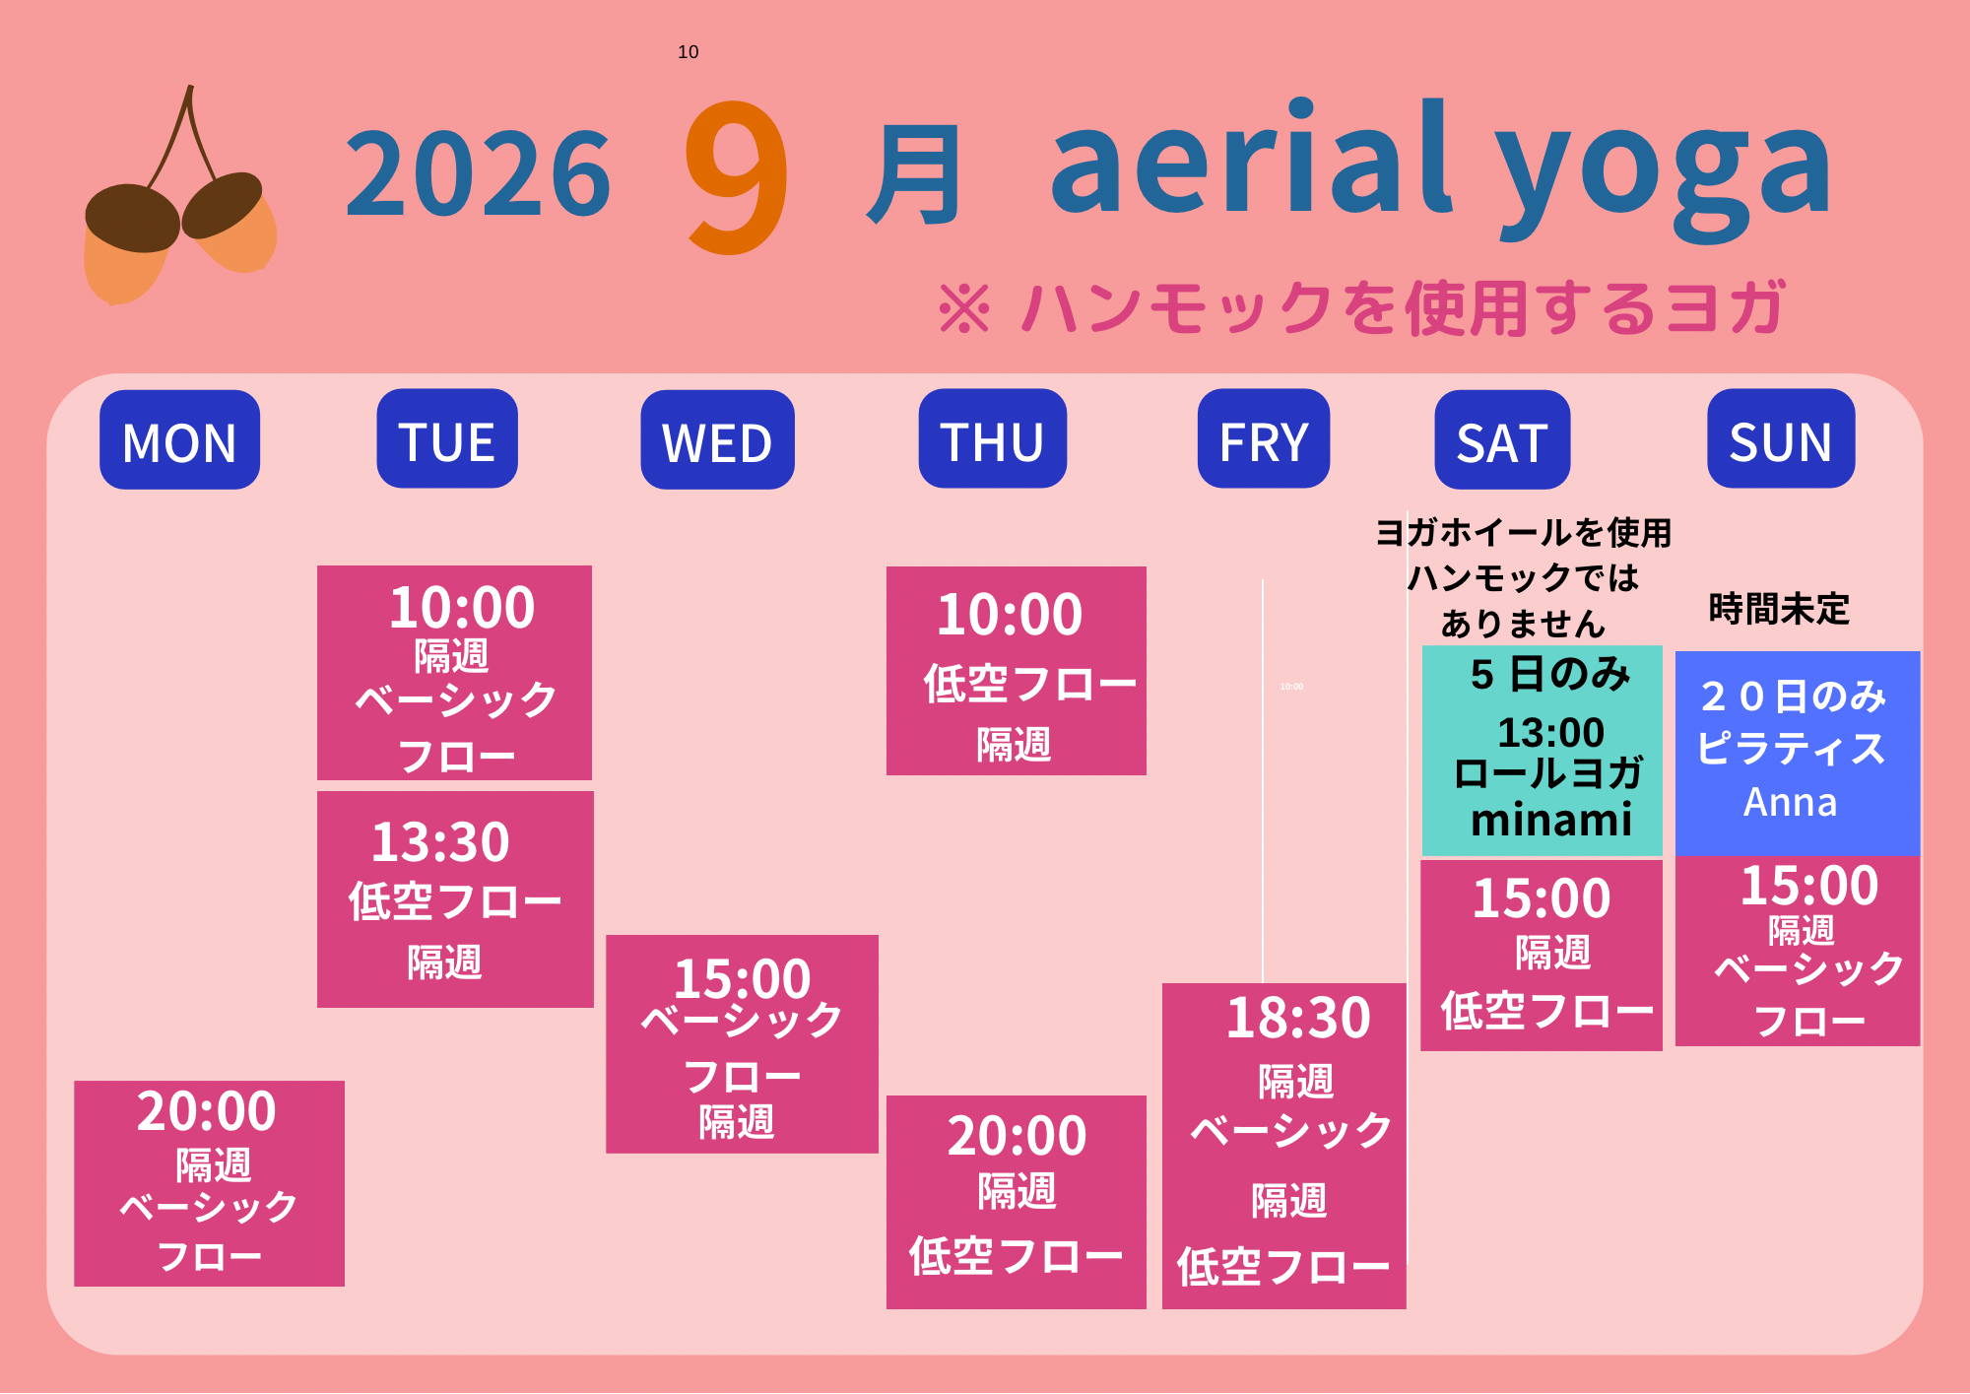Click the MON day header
tap(179, 439)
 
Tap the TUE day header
tap(447, 438)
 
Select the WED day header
tap(717, 439)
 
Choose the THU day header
tap(993, 438)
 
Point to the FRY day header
tap(1264, 438)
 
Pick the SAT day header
tap(1502, 439)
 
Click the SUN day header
tap(1781, 438)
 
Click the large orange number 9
tap(738, 176)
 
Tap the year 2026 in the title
tap(479, 174)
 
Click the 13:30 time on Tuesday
tap(440, 842)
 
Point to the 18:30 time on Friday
tap(1298, 1018)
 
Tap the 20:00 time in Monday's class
tap(207, 1111)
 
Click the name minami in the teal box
tap(1551, 820)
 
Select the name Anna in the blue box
tap(1791, 802)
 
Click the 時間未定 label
tap(1779, 609)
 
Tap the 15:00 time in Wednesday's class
tap(743, 978)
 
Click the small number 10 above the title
tap(689, 52)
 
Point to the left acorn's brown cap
tap(132, 218)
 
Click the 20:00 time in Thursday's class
tap(1018, 1136)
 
